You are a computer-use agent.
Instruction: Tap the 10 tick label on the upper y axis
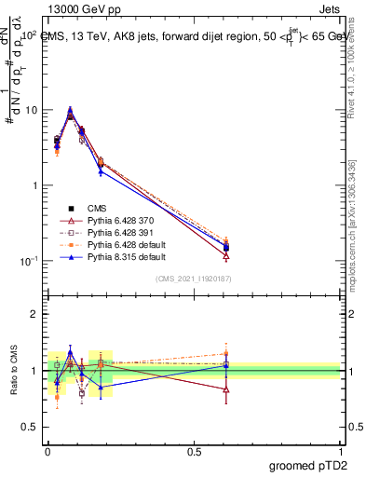31,110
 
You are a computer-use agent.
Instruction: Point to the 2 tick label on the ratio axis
34,314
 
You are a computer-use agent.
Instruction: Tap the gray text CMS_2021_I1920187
194,279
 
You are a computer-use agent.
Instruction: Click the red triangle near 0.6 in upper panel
226,255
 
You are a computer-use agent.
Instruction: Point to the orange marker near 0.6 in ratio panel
226,353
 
